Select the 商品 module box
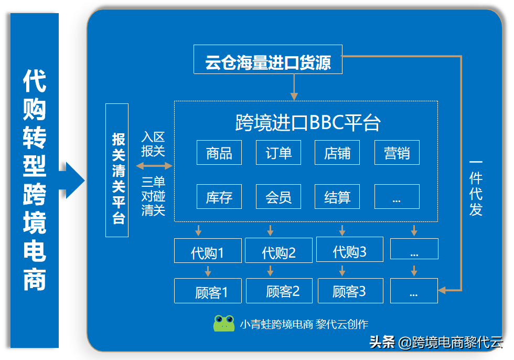tap(219, 153)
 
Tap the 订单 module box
tap(279, 153)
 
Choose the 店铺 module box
tap(337, 153)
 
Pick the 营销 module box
tap(397, 153)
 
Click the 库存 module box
tap(219, 197)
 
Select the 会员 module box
tap(279, 197)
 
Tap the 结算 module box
tap(337, 197)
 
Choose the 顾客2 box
tap(279, 291)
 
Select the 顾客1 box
tap(208, 291)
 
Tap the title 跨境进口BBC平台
tap(307, 122)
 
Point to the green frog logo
tap(224, 323)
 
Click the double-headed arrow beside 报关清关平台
tap(154, 166)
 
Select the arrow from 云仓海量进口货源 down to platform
tap(294, 87)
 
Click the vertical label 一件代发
tap(475, 187)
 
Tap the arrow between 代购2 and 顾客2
tap(270, 271)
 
